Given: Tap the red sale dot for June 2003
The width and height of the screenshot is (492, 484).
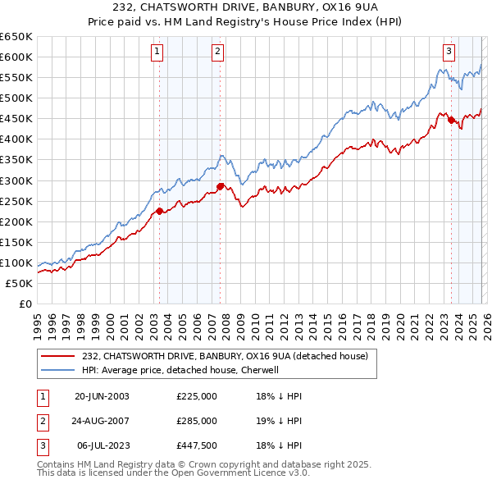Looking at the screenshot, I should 159,211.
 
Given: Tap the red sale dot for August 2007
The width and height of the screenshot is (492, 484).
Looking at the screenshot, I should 221,186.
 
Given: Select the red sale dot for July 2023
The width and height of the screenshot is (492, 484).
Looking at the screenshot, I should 451,120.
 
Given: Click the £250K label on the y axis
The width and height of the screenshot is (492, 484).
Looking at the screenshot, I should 16,201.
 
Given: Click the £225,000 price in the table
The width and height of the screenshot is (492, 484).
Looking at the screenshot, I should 197,396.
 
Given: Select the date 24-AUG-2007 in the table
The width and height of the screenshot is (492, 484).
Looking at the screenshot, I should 102,421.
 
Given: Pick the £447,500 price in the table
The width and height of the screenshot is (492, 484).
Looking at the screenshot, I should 197,445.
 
